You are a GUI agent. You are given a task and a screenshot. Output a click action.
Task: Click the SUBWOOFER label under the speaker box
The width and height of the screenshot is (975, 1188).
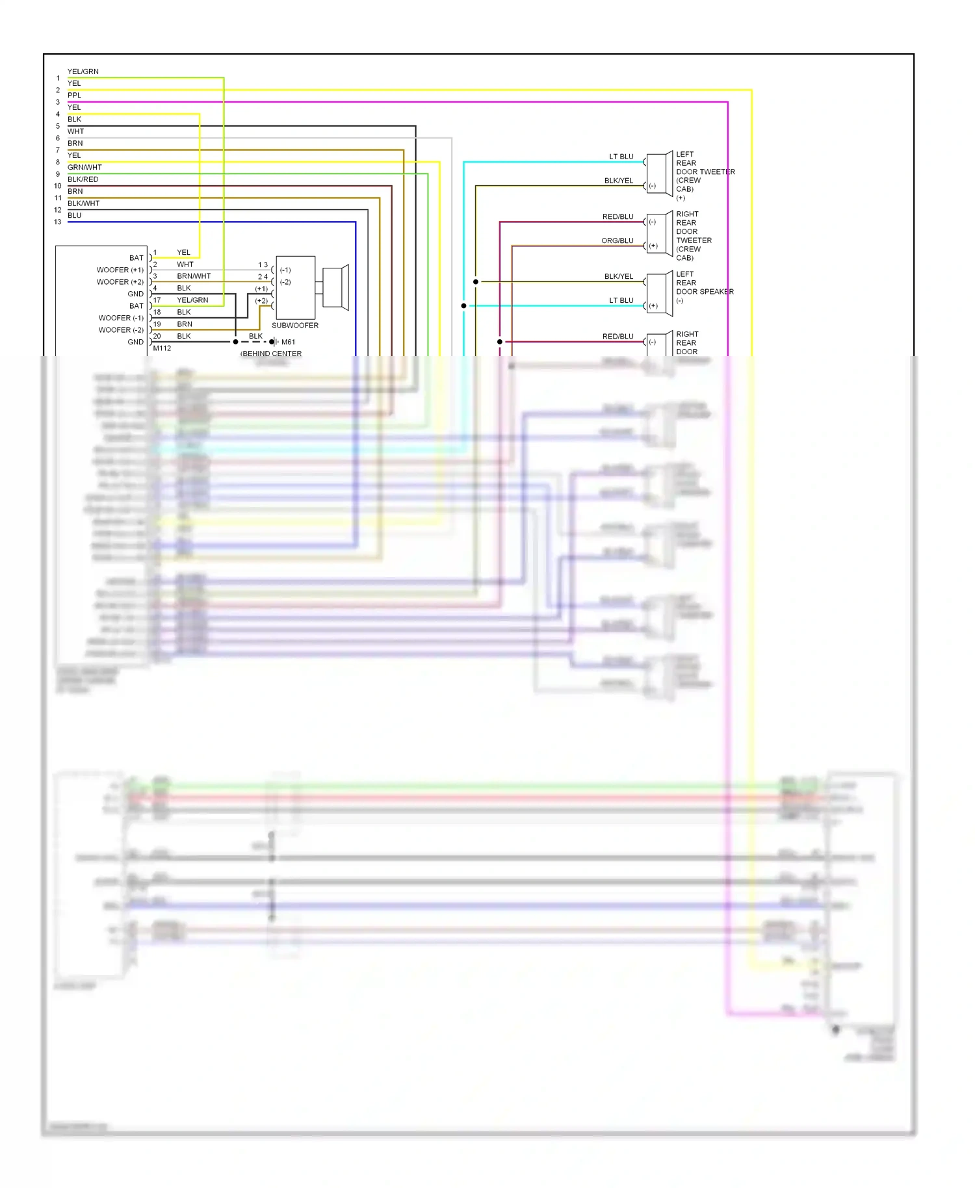click(x=294, y=326)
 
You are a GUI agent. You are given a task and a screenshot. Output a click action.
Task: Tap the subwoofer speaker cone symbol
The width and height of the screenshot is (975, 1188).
click(x=337, y=287)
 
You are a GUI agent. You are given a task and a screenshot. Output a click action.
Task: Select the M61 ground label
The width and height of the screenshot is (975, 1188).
click(x=288, y=342)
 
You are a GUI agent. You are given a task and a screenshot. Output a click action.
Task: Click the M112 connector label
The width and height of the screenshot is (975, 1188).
click(x=162, y=348)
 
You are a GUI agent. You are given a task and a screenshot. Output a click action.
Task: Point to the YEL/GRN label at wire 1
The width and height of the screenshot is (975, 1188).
click(x=83, y=71)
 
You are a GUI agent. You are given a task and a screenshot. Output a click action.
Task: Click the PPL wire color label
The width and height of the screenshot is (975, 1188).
click(x=74, y=96)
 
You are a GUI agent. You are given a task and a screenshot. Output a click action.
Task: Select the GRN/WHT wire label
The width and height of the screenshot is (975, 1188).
click(x=84, y=168)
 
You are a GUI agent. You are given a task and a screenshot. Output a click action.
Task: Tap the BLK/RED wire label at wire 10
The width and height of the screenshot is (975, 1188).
click(x=83, y=179)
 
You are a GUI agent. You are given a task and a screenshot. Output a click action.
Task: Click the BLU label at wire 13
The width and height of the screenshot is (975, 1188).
click(x=74, y=216)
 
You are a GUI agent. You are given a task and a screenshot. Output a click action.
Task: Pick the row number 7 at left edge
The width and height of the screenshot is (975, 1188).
click(x=58, y=150)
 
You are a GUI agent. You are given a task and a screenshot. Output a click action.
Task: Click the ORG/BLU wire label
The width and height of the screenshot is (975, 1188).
click(x=617, y=241)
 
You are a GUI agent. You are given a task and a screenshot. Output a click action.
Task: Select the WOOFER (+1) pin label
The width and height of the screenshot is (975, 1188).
click(x=120, y=270)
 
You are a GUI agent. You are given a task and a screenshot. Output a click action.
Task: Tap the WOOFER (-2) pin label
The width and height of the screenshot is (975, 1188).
click(x=120, y=330)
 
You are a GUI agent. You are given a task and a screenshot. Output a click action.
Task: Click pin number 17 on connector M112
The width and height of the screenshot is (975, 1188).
click(x=157, y=300)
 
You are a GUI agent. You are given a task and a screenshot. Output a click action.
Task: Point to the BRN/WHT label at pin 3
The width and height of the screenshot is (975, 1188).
click(x=194, y=276)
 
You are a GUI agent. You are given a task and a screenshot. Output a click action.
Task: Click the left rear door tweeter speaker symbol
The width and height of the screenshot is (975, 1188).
click(x=659, y=174)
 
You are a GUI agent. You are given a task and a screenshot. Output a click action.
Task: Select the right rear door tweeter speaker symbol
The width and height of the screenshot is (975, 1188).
click(x=659, y=234)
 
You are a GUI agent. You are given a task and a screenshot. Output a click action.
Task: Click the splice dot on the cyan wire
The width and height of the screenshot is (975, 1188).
click(x=463, y=305)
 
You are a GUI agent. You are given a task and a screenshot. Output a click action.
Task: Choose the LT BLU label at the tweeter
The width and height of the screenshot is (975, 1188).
click(x=621, y=157)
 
